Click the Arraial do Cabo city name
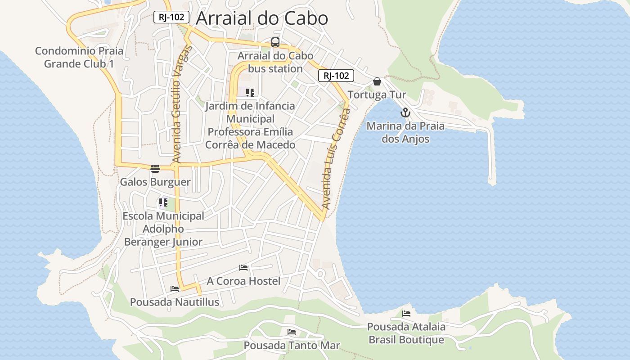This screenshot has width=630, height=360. click(262, 18)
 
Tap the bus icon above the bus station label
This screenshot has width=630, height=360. click(275, 43)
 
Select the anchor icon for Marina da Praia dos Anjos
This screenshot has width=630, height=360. click(405, 112)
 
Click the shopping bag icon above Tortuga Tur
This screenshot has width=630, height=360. click(377, 81)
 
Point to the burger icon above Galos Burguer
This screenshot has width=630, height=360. click(155, 169)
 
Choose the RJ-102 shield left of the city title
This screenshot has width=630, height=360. click(171, 17)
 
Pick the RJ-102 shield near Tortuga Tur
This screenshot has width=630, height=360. click(336, 76)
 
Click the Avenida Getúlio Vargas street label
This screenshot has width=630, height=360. click(182, 104)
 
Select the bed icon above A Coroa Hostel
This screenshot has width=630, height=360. click(243, 268)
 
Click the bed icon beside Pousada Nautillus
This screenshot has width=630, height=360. click(175, 289)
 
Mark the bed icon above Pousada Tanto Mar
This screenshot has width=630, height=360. click(292, 333)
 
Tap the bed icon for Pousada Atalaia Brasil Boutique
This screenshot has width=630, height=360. click(406, 314)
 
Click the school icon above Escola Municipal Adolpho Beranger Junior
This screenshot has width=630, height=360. click(163, 203)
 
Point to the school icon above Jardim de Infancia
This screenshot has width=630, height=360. click(250, 93)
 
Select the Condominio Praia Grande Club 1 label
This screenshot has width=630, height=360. click(79, 57)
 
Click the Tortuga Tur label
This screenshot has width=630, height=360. click(377, 95)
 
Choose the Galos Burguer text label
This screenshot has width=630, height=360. click(155, 182)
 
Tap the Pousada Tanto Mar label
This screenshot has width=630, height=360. click(292, 346)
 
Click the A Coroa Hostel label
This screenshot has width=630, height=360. click(243, 281)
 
